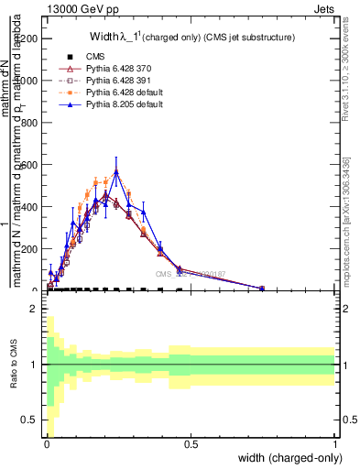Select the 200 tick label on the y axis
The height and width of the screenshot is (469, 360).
pyautogui.click(x=31, y=248)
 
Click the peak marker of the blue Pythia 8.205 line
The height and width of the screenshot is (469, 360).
pyautogui.click(x=115, y=170)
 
